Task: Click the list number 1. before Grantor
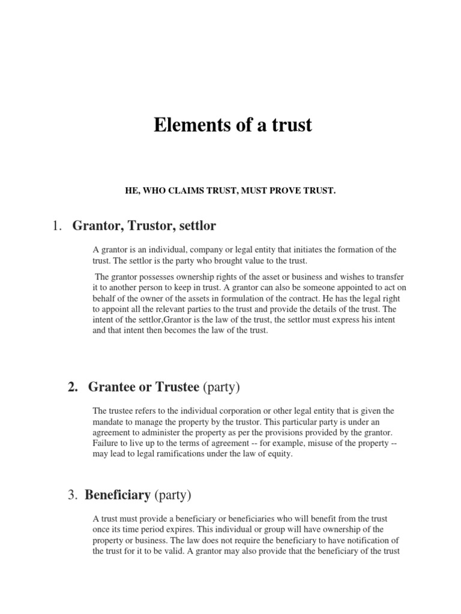click(x=58, y=226)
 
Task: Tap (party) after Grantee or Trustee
click(x=220, y=387)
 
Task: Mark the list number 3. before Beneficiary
click(x=74, y=495)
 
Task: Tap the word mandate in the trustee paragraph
click(x=110, y=422)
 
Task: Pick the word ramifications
click(x=175, y=453)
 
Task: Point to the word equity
click(x=278, y=453)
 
